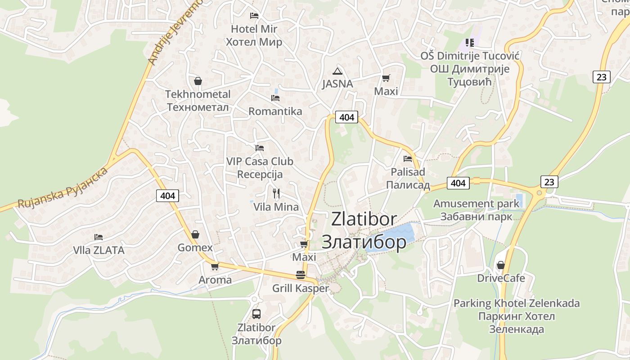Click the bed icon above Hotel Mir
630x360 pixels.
coord(254,16)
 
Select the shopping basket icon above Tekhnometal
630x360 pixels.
coord(198,81)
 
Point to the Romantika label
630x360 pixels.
coord(275,111)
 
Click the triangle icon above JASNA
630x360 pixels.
coord(337,71)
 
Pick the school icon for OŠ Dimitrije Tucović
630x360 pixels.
coord(469,43)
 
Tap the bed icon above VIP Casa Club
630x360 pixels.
coord(259,148)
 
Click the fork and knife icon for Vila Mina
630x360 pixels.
coord(276,193)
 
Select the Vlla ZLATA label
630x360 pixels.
coord(99,250)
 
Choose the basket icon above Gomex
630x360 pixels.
coord(195,234)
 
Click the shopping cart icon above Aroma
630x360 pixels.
coord(215,266)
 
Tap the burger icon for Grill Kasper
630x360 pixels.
coord(300,275)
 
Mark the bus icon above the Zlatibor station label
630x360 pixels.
coord(256,314)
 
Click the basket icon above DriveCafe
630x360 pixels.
coord(500,265)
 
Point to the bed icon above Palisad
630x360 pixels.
coord(408,158)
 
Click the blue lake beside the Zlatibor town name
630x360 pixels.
coord(396,234)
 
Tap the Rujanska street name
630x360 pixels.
coord(63,188)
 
